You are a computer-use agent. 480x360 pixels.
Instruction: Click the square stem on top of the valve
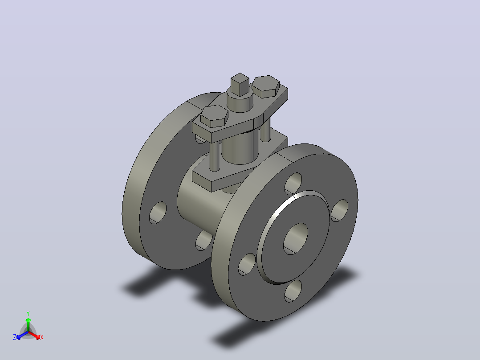(240, 84)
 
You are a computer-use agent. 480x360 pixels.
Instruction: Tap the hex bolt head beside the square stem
(266, 86)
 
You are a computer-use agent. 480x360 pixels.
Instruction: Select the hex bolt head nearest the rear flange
(214, 116)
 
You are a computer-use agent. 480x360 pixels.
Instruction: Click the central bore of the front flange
(295, 239)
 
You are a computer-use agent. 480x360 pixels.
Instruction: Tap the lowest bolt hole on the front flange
(293, 291)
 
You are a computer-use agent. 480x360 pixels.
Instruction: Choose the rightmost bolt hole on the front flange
(339, 210)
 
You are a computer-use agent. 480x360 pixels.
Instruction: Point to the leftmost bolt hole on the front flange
(247, 264)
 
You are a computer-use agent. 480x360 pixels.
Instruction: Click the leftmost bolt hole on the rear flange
(158, 213)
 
